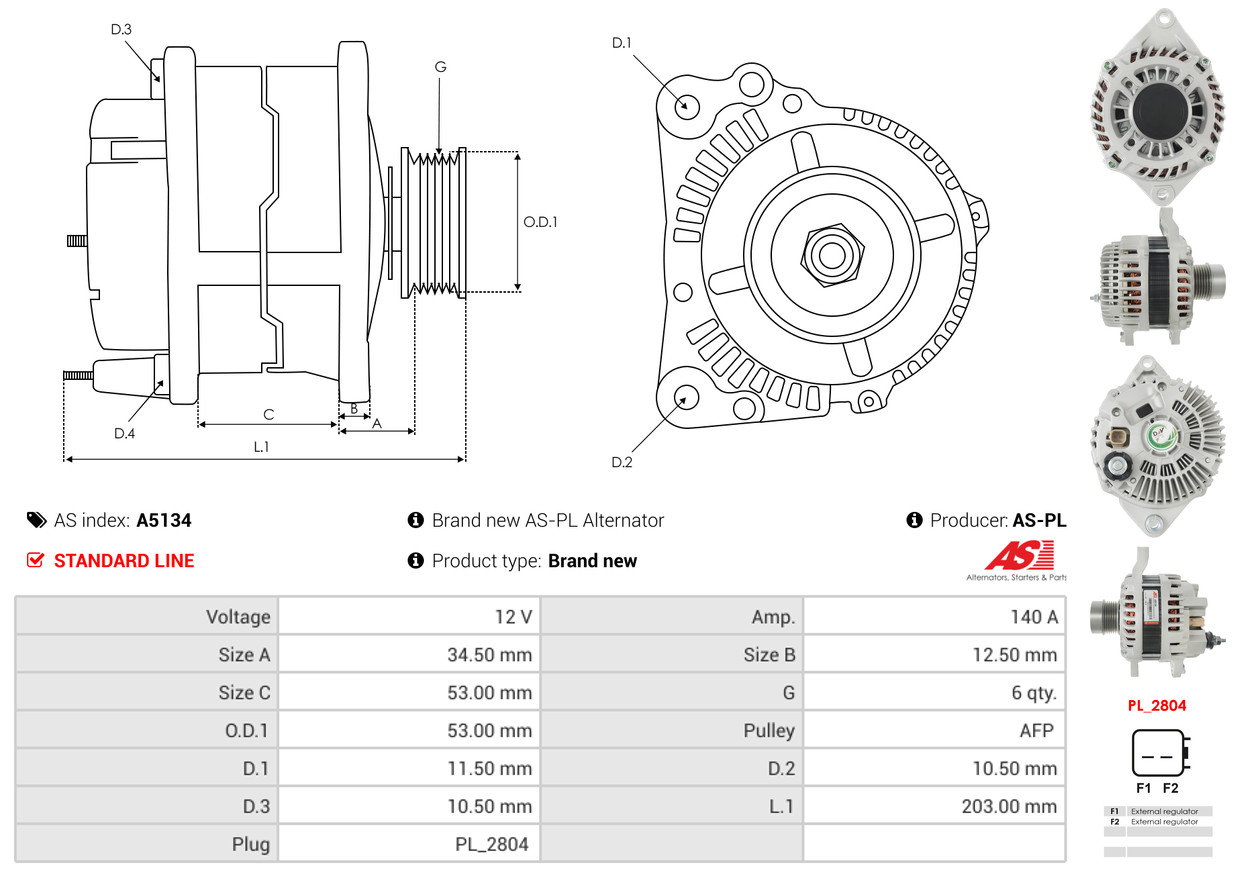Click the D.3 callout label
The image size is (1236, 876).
click(x=121, y=29)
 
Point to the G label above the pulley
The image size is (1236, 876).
click(x=440, y=67)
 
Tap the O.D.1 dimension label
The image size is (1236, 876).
click(x=540, y=222)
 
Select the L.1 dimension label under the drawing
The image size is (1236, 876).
click(x=261, y=446)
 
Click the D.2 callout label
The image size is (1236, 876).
click(x=622, y=462)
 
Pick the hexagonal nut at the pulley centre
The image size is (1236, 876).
click(x=832, y=255)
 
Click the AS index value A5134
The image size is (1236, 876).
click(x=164, y=520)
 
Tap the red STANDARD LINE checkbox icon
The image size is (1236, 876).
click(x=35, y=560)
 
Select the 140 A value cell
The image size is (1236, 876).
click(x=1033, y=616)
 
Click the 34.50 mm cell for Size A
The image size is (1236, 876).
click(x=489, y=654)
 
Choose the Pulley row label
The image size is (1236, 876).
click(x=769, y=730)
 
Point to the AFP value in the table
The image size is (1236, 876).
click(x=1036, y=730)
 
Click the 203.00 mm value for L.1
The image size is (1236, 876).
click(x=1009, y=806)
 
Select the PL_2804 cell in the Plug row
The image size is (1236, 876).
click(x=492, y=844)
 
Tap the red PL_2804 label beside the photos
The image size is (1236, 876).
click(x=1157, y=706)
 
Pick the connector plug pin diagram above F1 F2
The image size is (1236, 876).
click(x=1160, y=753)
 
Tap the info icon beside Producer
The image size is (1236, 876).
click(x=914, y=520)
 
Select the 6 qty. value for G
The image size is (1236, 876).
click(x=1033, y=692)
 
